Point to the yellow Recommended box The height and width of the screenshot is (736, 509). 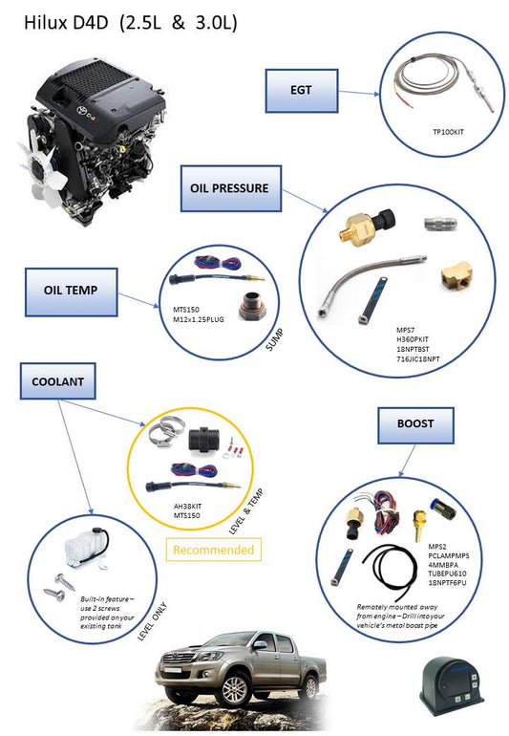tap(214, 550)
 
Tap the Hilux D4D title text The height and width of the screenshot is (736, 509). tap(129, 20)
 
